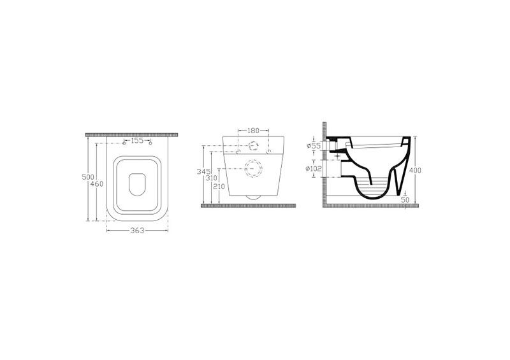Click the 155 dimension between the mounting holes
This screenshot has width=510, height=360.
click(137, 141)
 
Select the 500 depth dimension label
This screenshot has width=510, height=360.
click(88, 177)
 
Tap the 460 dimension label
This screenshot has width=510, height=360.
click(97, 184)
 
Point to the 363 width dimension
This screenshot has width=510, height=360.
click(137, 231)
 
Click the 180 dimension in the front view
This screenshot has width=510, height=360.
click(253, 131)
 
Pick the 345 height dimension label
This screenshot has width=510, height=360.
click(203, 171)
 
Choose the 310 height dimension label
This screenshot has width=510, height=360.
click(212, 178)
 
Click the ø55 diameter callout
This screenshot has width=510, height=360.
click(314, 146)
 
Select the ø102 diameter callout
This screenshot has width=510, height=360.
click(314, 169)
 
